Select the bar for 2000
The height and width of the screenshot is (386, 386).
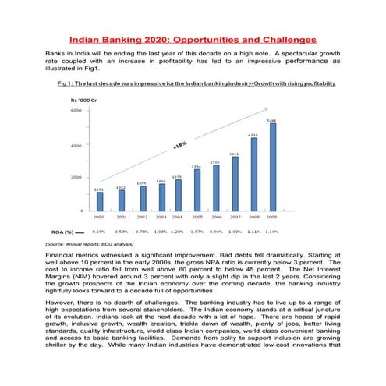(x=99, y=201)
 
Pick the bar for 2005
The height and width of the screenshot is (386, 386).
(x=197, y=190)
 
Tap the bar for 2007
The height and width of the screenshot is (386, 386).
(x=234, y=184)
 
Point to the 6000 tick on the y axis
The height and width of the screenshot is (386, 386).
(x=76, y=111)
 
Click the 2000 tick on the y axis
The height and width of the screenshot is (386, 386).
(x=76, y=178)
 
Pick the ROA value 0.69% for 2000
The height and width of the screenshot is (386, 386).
(x=99, y=232)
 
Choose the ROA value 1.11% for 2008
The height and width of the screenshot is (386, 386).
(x=253, y=232)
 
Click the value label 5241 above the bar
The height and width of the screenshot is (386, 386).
(x=271, y=120)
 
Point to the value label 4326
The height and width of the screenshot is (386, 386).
(x=253, y=135)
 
